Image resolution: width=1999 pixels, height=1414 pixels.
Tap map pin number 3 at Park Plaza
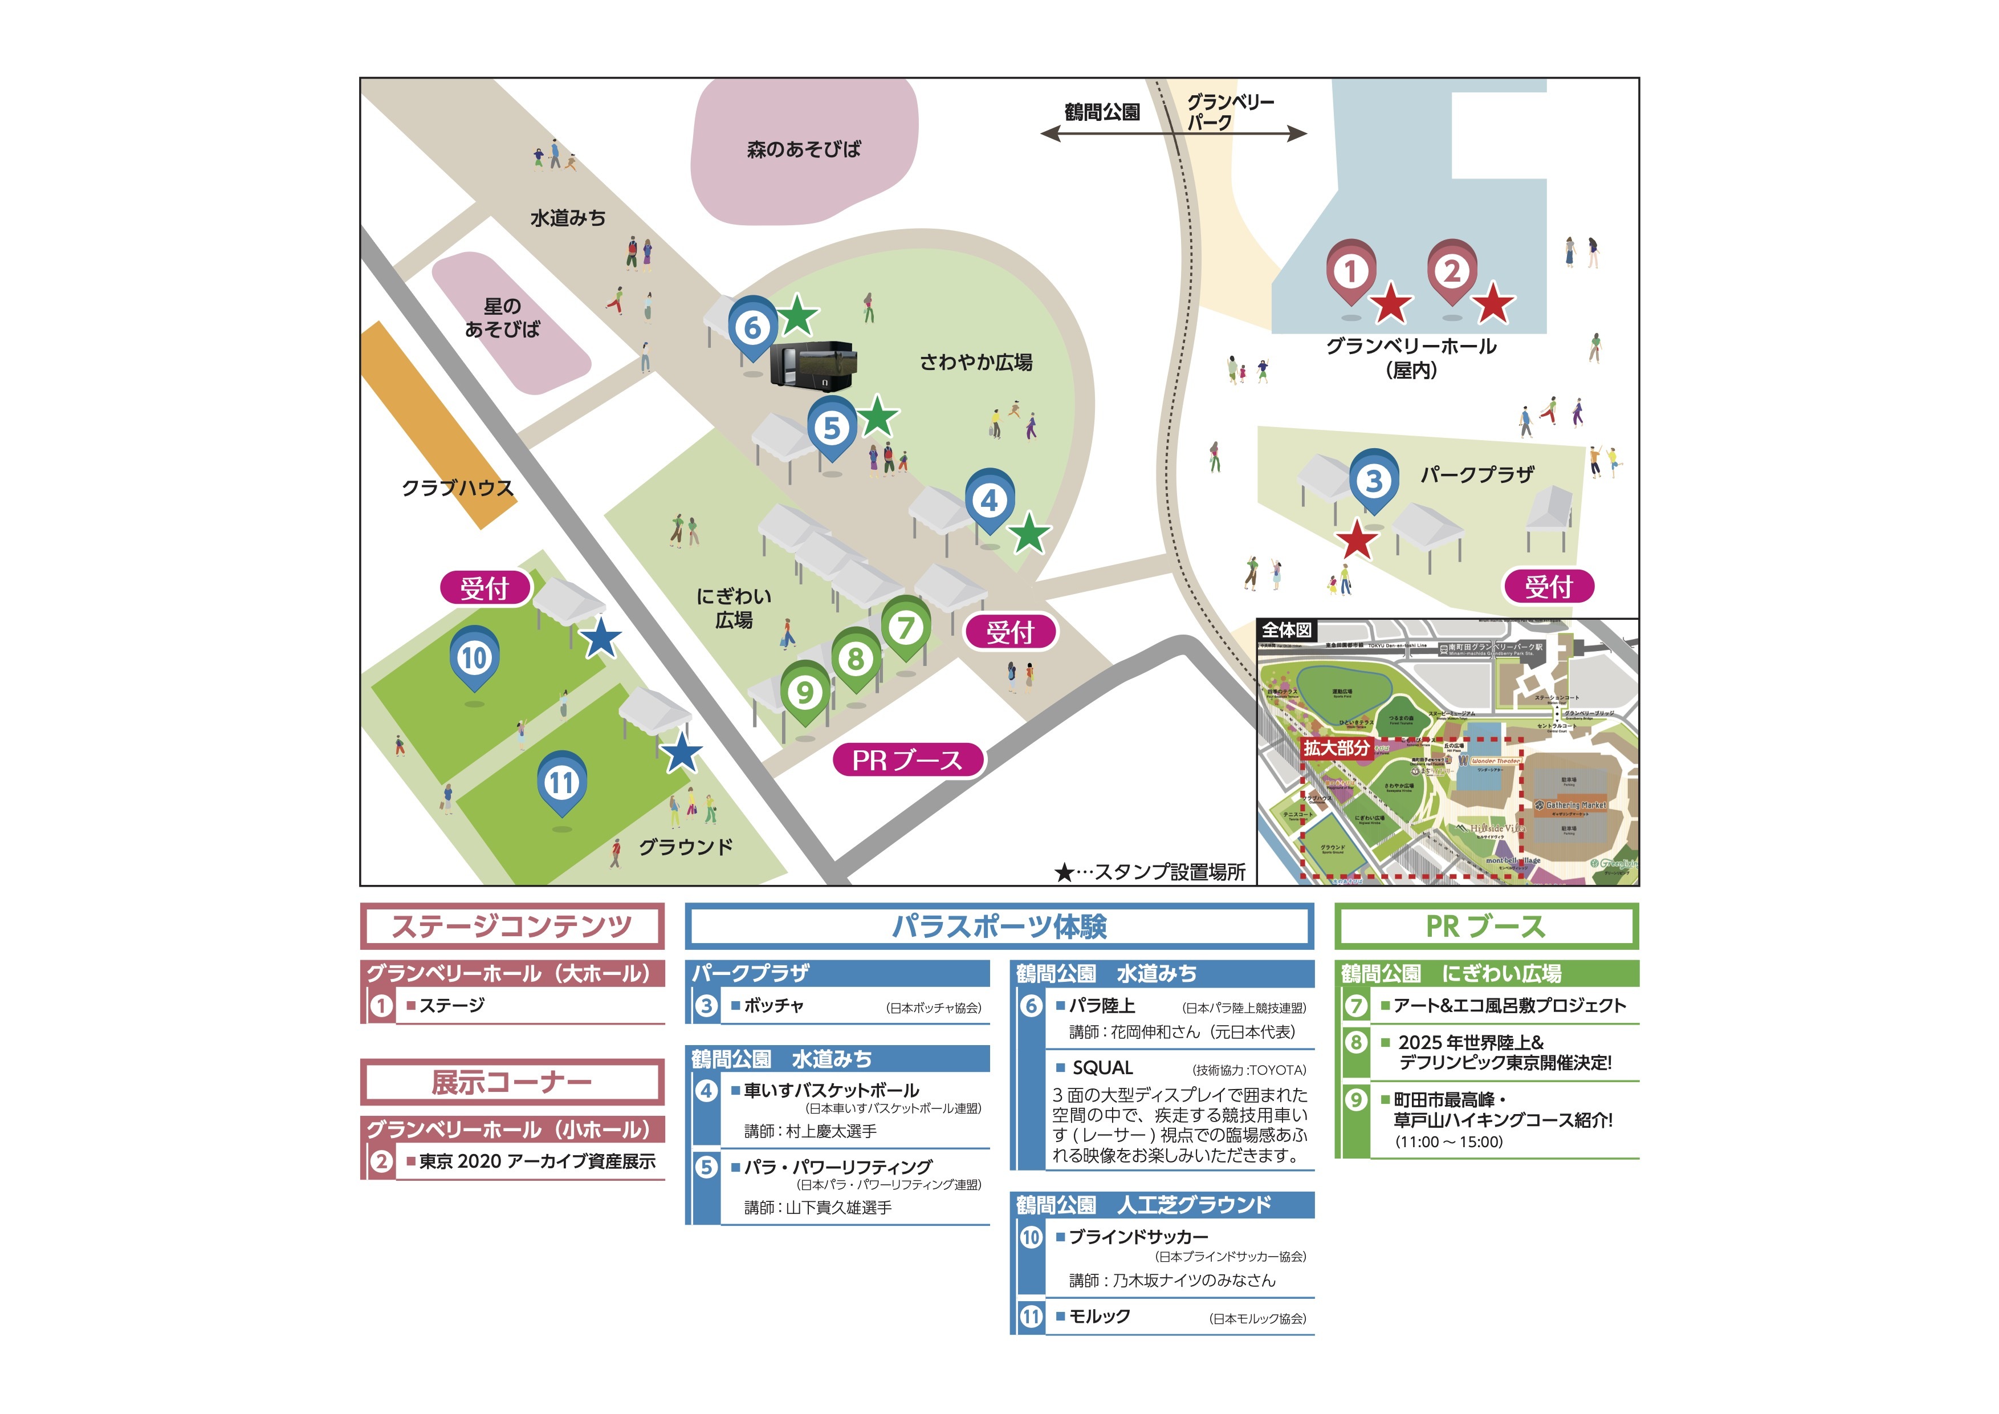point(1373,480)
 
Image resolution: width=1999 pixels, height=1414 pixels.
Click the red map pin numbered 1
point(1350,271)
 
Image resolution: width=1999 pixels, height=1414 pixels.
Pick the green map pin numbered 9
point(804,692)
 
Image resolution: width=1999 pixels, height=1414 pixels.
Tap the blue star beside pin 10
point(601,640)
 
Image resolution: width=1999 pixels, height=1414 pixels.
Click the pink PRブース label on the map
point(907,760)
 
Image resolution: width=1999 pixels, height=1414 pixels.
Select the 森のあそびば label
point(803,149)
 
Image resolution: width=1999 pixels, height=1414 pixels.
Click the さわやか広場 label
point(976,362)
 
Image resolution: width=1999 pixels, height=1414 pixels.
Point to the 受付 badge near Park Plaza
point(1548,587)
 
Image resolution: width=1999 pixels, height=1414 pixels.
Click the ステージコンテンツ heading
point(512,925)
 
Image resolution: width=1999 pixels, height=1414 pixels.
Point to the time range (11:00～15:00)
point(1449,1141)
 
